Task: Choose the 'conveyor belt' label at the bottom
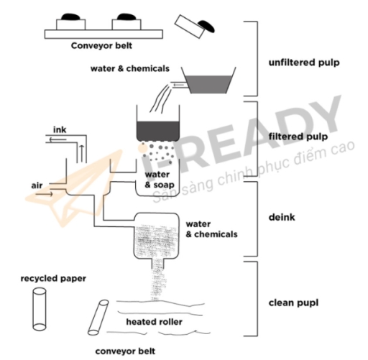[x=126, y=352]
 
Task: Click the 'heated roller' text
[x=153, y=321]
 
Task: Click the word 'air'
[x=37, y=185]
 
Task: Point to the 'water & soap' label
[x=158, y=180]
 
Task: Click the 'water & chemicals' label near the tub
[x=130, y=69]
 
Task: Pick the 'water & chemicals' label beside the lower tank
[x=211, y=229]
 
